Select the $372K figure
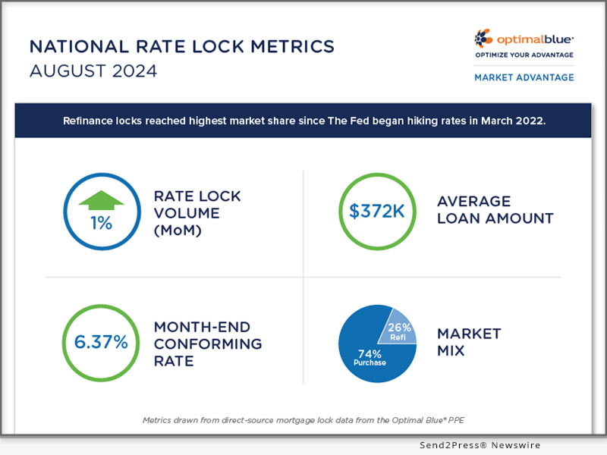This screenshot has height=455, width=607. [x=376, y=212]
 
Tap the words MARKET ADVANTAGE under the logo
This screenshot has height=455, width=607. [x=524, y=77]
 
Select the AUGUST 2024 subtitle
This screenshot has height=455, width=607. [x=93, y=73]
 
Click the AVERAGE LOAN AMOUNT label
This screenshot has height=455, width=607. [x=495, y=210]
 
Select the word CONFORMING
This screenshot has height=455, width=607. [x=208, y=344]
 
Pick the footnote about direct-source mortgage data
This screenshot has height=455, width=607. [x=303, y=419]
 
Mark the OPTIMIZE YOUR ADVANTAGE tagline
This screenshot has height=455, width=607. [x=524, y=55]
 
